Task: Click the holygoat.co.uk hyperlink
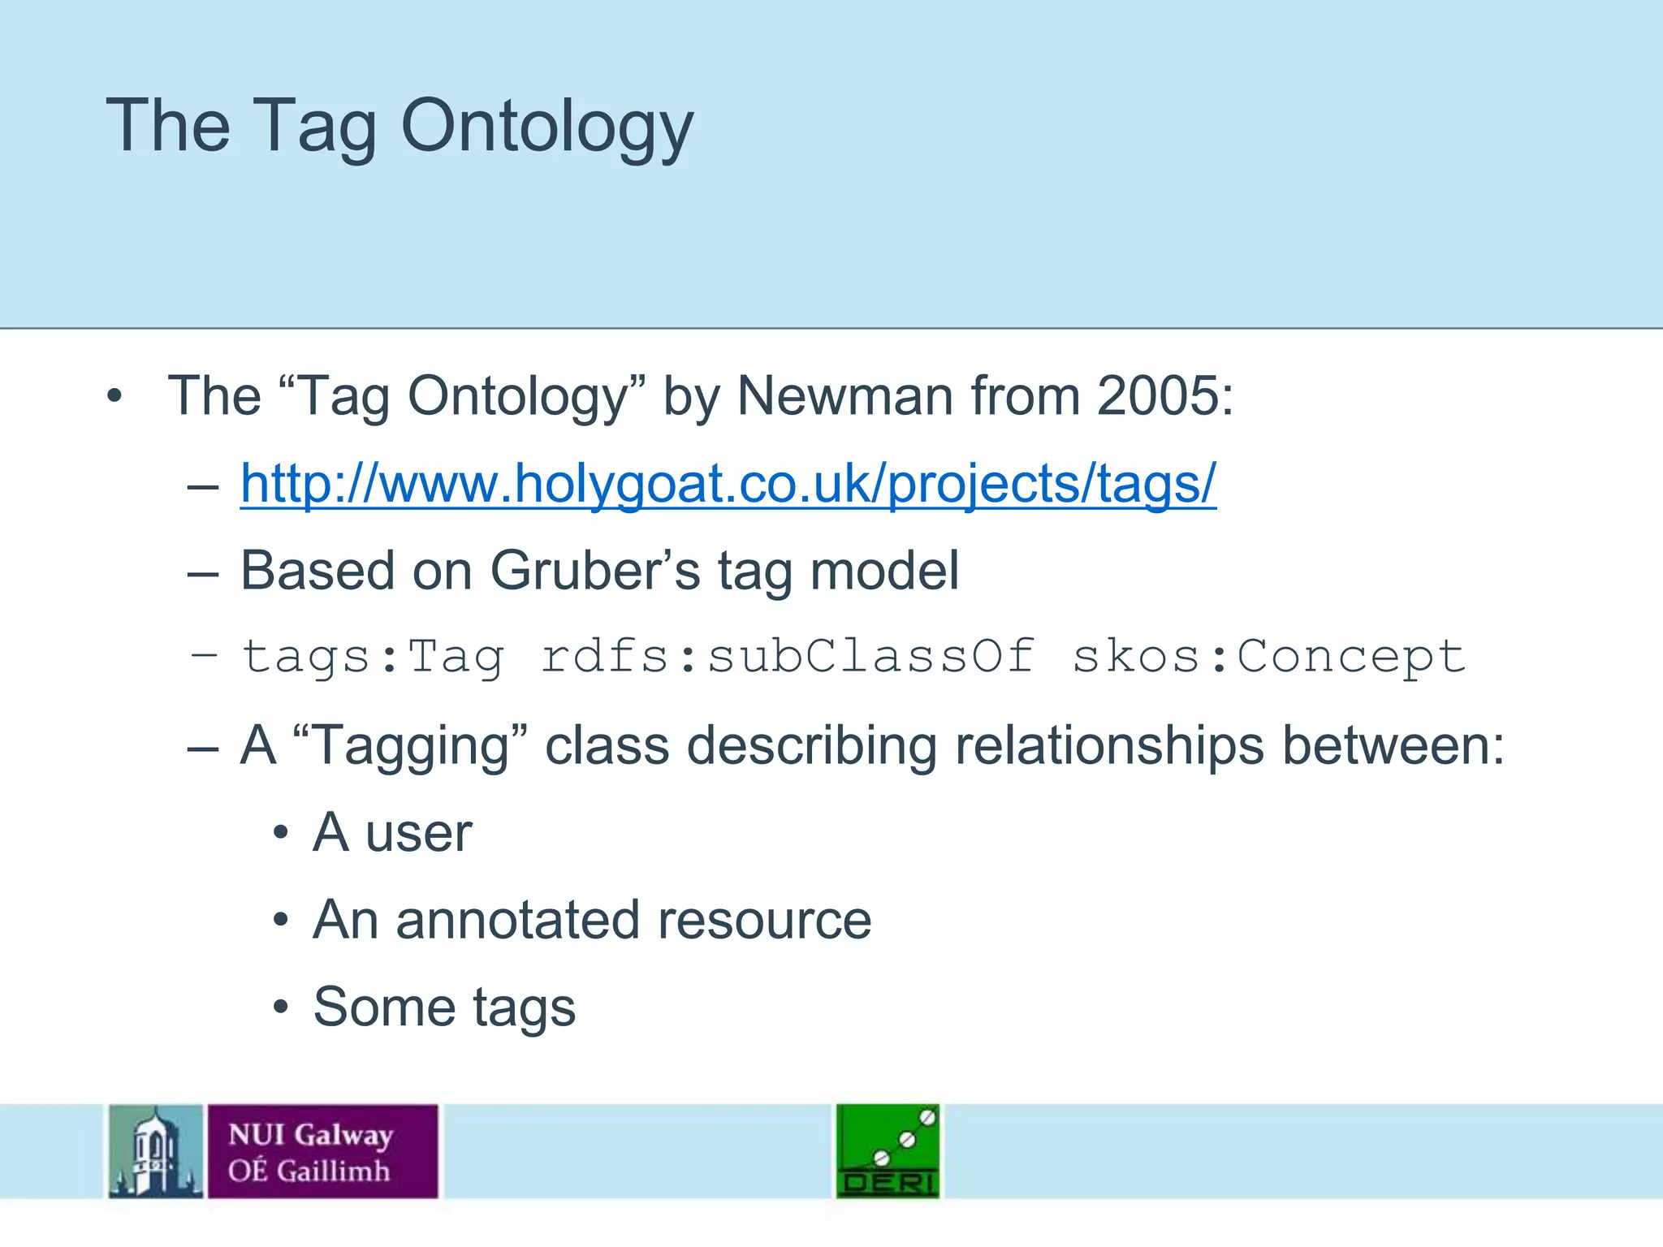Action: click(728, 484)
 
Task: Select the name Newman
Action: click(844, 396)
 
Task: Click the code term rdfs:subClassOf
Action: click(788, 656)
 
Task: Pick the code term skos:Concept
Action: click(1268, 656)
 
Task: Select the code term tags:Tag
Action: click(373, 656)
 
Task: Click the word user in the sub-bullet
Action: click(418, 833)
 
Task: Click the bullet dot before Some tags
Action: click(281, 1008)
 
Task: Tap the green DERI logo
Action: click(888, 1150)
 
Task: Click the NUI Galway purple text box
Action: click(322, 1151)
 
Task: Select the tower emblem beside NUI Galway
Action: click(155, 1151)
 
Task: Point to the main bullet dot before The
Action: click(114, 397)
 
